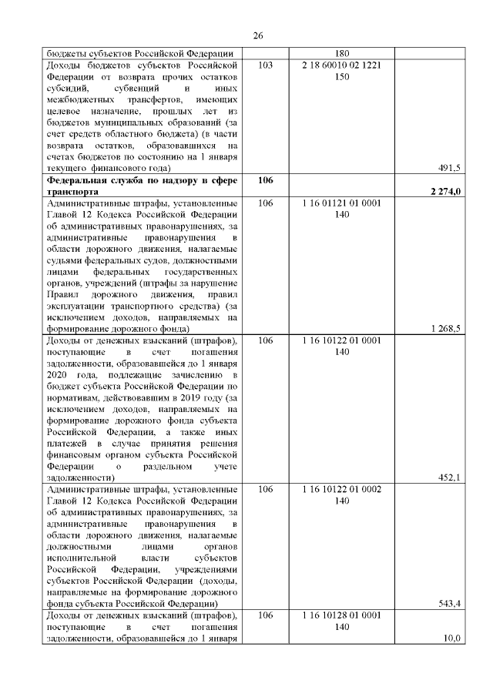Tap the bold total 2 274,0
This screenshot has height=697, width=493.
point(444,192)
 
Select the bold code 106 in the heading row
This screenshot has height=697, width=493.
point(266,179)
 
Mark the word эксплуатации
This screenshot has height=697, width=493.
point(81,306)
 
